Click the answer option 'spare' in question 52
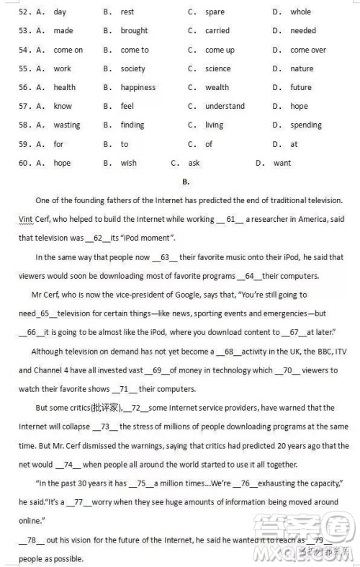(215, 12)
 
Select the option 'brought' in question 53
(134, 31)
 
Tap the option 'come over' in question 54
(308, 50)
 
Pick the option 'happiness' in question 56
(138, 87)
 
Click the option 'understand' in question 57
(225, 106)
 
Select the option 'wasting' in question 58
(67, 125)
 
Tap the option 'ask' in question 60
(194, 163)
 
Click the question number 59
(24, 144)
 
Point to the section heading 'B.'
(186, 182)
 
